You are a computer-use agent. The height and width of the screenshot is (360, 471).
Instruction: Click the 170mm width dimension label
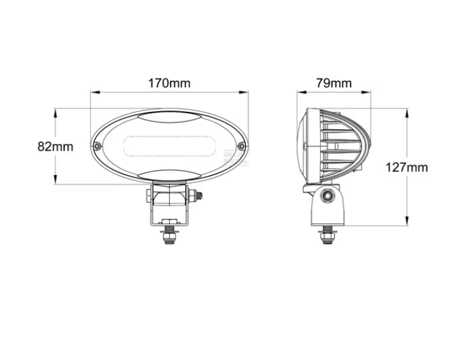169,83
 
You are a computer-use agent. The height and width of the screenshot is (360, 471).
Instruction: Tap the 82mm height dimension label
55,146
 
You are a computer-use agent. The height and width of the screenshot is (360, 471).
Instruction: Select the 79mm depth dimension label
334,83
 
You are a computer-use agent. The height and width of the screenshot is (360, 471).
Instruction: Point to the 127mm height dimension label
407,167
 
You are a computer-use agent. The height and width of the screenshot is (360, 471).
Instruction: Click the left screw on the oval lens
96,146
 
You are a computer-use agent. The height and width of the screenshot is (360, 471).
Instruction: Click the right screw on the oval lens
241,146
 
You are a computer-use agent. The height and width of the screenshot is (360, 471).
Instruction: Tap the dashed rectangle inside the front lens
169,146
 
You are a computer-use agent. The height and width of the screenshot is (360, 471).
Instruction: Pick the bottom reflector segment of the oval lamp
169,176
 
